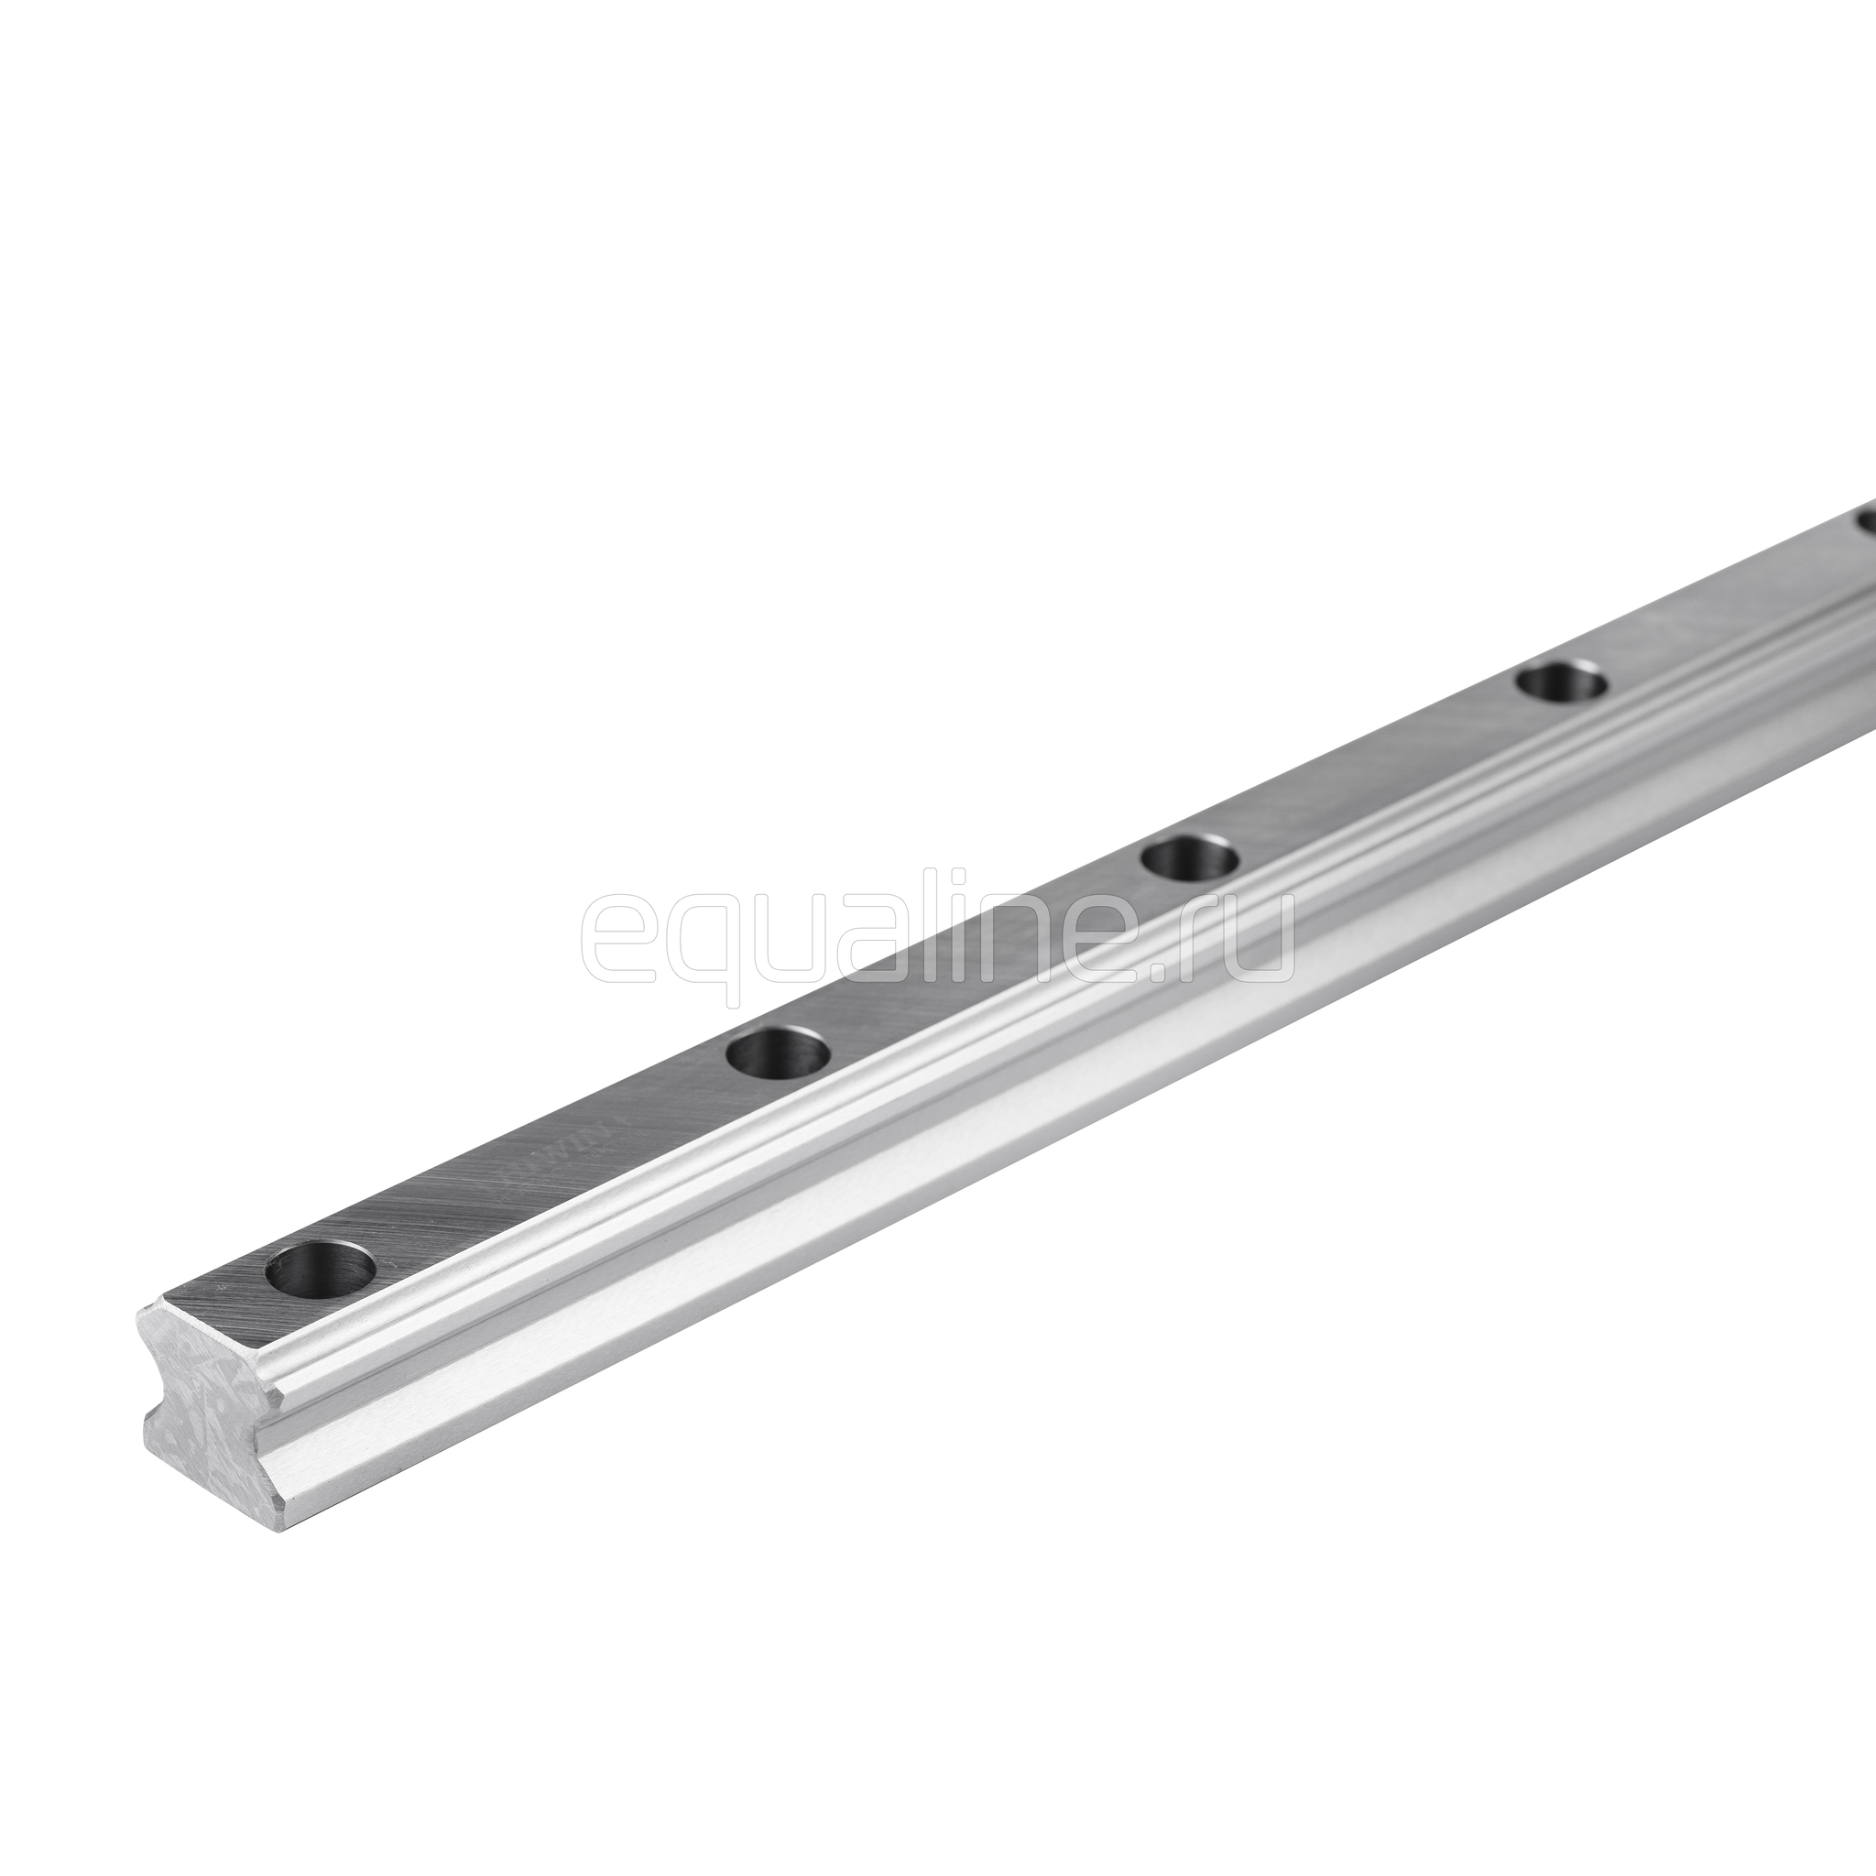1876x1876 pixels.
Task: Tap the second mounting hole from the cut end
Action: [778, 1052]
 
